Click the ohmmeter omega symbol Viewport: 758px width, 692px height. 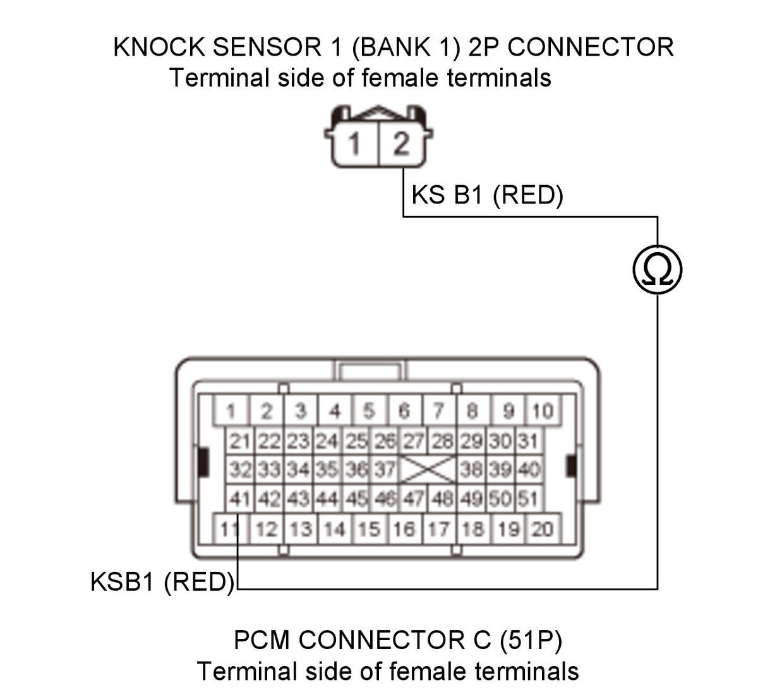click(x=657, y=270)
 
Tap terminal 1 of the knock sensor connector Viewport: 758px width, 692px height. click(x=355, y=143)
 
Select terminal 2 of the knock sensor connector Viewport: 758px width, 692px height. click(x=401, y=143)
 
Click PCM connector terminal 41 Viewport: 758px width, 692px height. click(x=239, y=499)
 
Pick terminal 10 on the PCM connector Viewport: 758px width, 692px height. click(x=543, y=410)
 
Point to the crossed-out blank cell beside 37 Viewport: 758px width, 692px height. click(x=428, y=470)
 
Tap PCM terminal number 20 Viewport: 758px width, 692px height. click(x=543, y=529)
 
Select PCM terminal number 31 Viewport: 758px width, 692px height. click(x=528, y=441)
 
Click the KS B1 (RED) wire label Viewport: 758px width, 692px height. click(x=487, y=195)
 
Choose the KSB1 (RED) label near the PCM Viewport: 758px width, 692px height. click(x=162, y=581)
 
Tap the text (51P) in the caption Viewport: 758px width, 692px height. click(x=531, y=640)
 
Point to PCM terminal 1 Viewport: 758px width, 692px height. click(x=232, y=410)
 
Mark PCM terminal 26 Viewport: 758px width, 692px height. click(x=385, y=441)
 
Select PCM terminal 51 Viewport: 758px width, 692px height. click(x=528, y=499)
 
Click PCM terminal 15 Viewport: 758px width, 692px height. click(x=369, y=529)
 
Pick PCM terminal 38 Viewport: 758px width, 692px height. click(x=471, y=470)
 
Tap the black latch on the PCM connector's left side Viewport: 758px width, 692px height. click(x=203, y=462)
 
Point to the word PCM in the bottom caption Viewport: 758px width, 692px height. click(x=262, y=640)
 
